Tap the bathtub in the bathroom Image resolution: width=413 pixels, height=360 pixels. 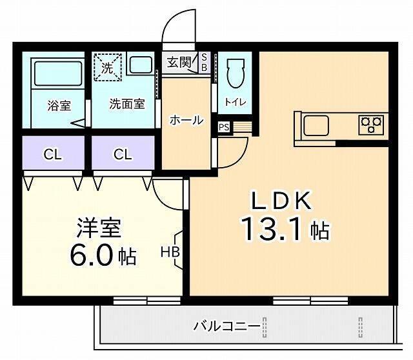[57, 74]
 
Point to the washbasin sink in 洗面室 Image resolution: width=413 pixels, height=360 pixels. [139, 65]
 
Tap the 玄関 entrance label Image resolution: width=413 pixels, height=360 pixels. [178, 63]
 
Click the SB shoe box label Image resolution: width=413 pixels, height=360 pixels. [205, 62]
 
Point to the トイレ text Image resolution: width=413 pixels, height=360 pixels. [233, 102]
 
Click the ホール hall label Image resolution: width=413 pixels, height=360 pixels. [186, 120]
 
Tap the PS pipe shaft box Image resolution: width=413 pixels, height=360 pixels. [224, 127]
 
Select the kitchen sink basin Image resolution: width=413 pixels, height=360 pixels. [317, 125]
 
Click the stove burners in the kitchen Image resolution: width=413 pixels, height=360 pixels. [372, 123]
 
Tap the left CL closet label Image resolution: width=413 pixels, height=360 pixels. [53, 154]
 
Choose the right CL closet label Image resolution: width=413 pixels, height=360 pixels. [123, 154]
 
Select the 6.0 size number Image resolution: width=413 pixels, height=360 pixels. [93, 255]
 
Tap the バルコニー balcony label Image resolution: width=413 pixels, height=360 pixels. [227, 326]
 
